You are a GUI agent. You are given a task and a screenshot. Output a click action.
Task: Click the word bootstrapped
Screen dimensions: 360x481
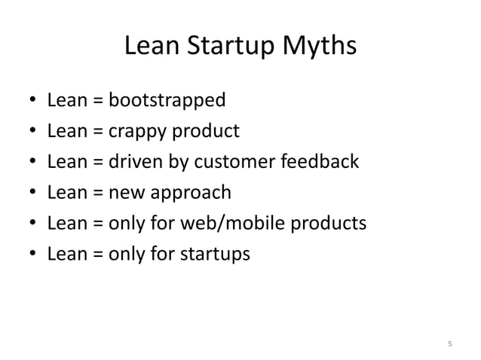(x=167, y=101)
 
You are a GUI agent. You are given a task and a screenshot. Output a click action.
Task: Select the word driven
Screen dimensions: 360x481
(x=135, y=163)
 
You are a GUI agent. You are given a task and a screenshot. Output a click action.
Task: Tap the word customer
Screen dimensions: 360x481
(x=230, y=163)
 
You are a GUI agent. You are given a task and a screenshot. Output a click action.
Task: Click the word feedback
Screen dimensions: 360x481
(x=320, y=163)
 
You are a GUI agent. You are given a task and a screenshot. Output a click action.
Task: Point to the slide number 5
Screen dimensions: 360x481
(x=449, y=345)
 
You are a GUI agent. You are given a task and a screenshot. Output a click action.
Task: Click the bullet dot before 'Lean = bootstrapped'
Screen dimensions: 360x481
(x=29, y=102)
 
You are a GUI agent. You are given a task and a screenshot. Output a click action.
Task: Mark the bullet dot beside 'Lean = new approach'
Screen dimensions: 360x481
(x=29, y=194)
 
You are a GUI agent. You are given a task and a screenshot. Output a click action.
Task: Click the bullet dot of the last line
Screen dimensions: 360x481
(x=29, y=255)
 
